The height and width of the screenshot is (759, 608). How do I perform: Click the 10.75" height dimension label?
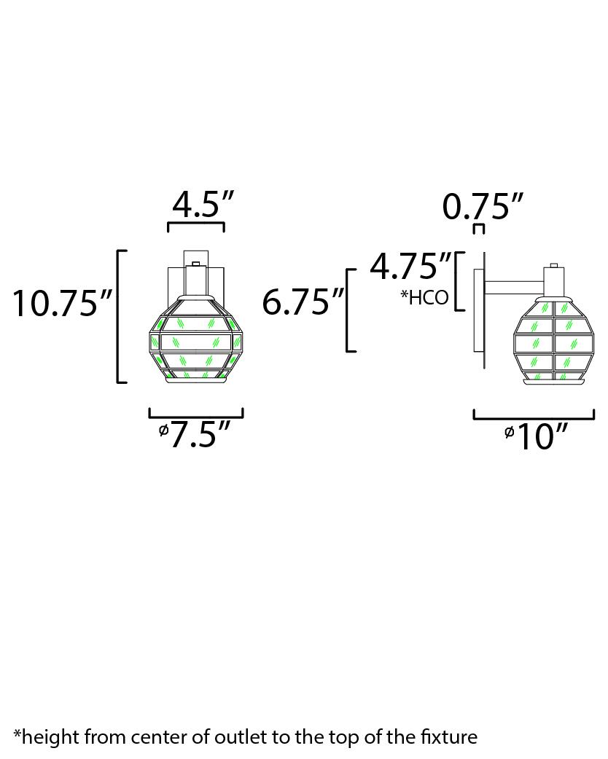click(62, 304)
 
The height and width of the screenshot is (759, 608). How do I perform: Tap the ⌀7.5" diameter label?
click(194, 433)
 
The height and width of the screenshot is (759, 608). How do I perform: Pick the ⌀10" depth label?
click(535, 436)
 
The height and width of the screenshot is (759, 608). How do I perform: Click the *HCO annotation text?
click(424, 297)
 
